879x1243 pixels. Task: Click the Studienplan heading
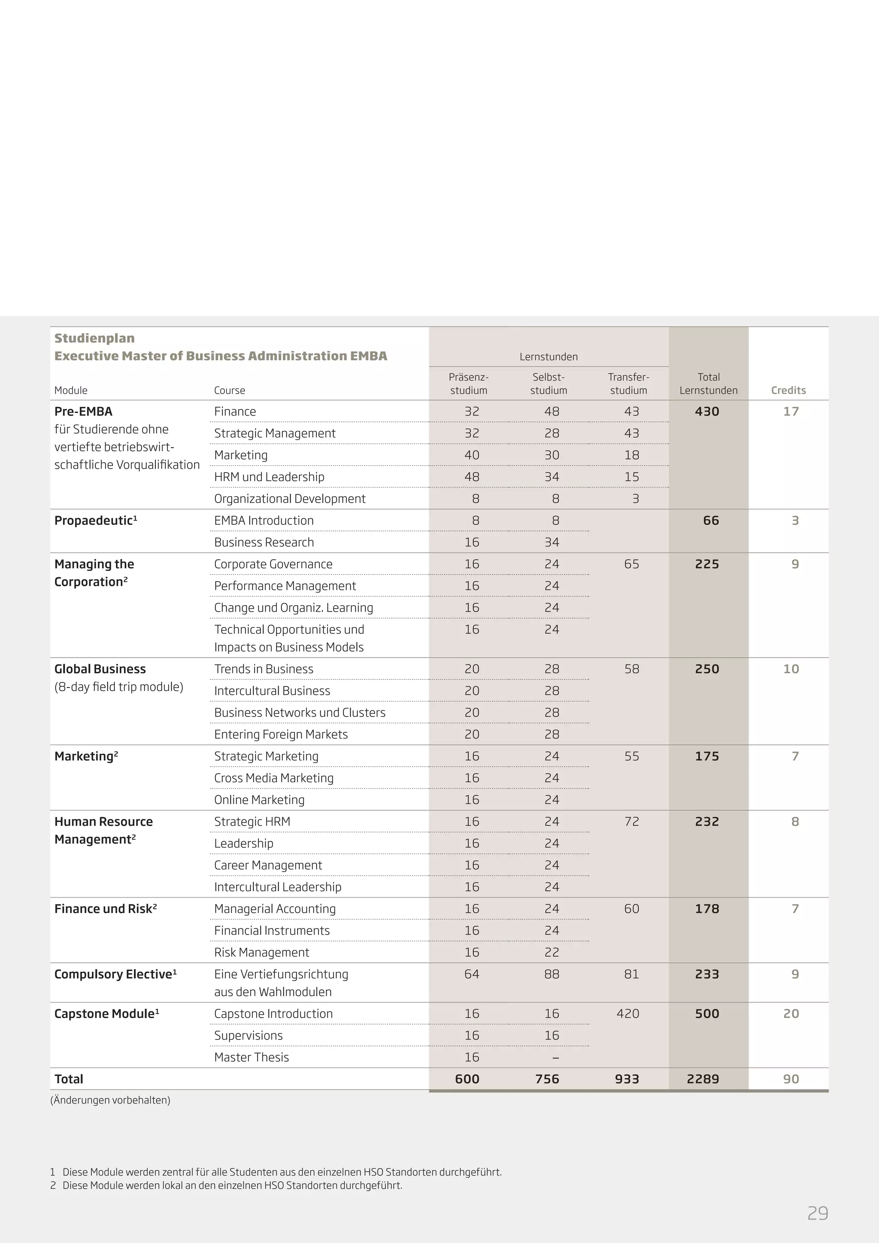coord(95,338)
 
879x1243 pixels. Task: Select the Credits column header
coord(788,390)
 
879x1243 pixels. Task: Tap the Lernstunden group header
coord(548,357)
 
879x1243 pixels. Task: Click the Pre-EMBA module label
coord(83,412)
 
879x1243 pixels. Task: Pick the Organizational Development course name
coord(290,499)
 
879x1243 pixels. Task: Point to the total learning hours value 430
coord(707,412)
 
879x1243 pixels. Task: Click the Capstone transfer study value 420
coord(627,1013)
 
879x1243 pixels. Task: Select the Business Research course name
coord(264,543)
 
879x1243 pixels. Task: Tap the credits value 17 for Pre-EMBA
coord(791,412)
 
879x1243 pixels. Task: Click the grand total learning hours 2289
coord(703,1079)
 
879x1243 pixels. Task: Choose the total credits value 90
coord(791,1079)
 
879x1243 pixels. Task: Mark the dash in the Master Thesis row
coord(555,1057)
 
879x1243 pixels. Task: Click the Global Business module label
coord(100,669)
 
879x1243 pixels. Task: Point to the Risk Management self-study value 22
coord(552,952)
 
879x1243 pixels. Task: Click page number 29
coord(817,1213)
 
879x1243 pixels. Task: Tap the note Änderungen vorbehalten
coord(110,1100)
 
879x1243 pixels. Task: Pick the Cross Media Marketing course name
coord(273,778)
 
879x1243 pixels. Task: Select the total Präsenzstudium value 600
coord(467,1079)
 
